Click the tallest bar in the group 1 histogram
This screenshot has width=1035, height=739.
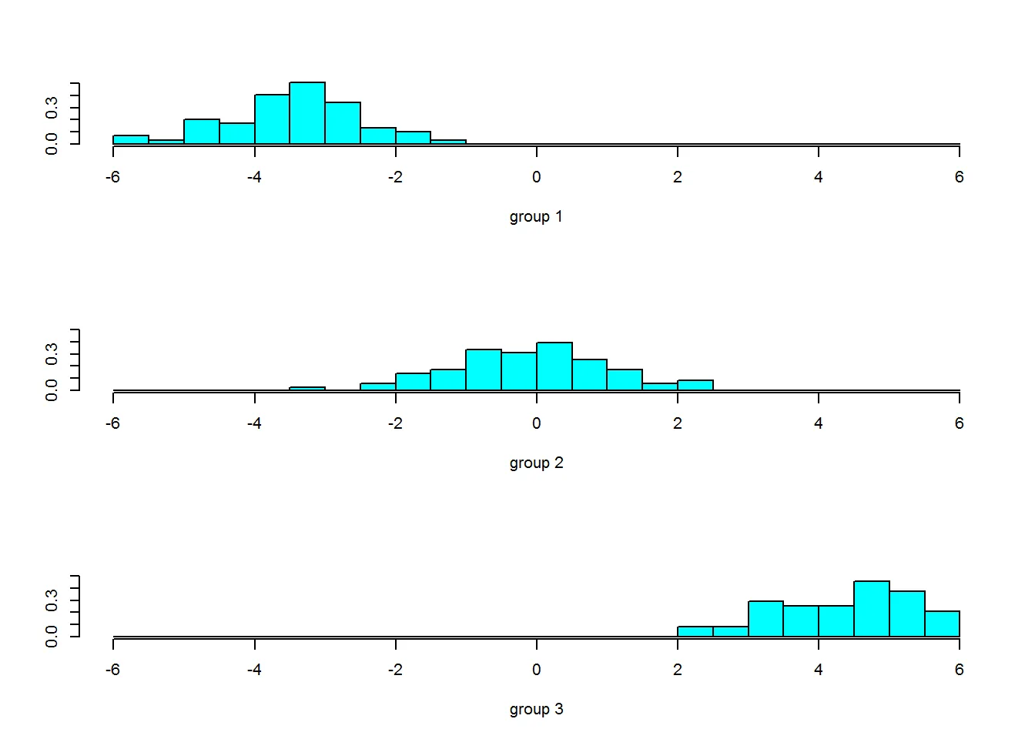coord(307,113)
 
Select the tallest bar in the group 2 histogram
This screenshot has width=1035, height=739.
coord(554,366)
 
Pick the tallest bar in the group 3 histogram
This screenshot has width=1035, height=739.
coord(872,609)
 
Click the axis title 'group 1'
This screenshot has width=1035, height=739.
coord(536,216)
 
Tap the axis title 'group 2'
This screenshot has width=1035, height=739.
coord(536,463)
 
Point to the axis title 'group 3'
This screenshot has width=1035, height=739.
coord(536,709)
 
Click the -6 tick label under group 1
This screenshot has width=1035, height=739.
coord(112,177)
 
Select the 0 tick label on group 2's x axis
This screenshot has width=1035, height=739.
coord(537,423)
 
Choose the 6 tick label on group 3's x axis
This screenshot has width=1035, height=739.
coord(960,670)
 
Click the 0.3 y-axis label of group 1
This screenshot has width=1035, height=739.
coord(52,108)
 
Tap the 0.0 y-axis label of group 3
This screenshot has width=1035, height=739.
coord(52,637)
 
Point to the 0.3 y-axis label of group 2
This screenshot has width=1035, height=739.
coord(52,354)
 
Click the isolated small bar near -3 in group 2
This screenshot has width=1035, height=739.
coord(307,389)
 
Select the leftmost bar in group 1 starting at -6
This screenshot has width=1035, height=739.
coord(131,139)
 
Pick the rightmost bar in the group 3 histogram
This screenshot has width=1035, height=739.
coord(942,624)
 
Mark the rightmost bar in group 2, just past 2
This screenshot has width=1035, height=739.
coord(695,385)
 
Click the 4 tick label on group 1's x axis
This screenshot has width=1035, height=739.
coord(819,177)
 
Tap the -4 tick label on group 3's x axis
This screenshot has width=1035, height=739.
coord(254,670)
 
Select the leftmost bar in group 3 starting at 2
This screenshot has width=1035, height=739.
coord(695,632)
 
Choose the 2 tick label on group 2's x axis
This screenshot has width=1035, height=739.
coord(678,423)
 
